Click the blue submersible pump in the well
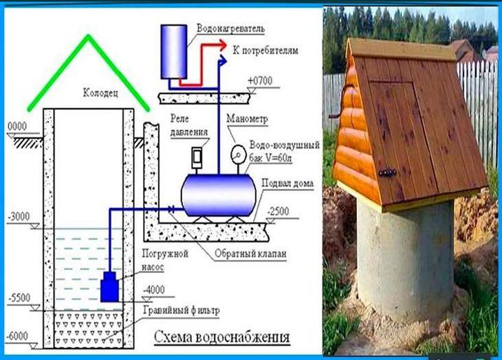(x=110, y=286)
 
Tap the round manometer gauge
(x=238, y=155)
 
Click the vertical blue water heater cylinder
(x=174, y=52)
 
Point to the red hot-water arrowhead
(x=223, y=45)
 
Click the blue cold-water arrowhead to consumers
(x=223, y=60)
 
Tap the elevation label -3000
(x=19, y=216)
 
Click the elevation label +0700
(x=260, y=81)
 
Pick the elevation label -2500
(x=278, y=212)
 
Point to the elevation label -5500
(x=19, y=298)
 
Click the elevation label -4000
(x=153, y=290)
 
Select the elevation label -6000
(x=17, y=336)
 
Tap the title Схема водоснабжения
(x=222, y=337)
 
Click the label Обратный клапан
(x=250, y=254)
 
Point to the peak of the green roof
(x=88, y=36)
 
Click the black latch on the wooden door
(x=387, y=172)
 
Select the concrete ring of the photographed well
(x=405, y=260)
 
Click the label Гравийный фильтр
(x=182, y=311)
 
